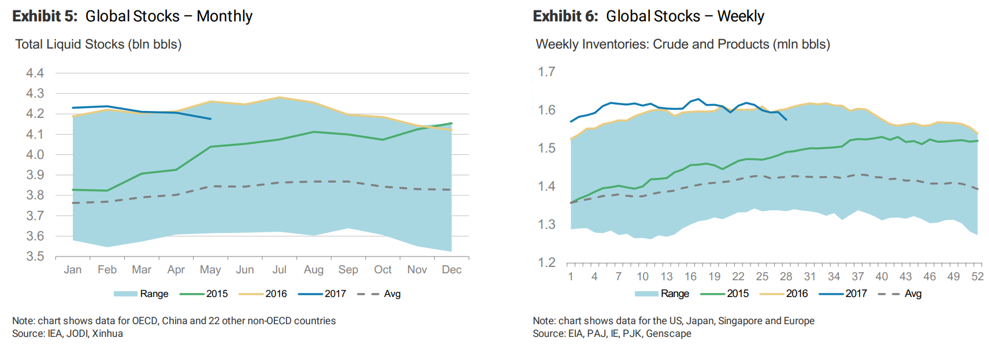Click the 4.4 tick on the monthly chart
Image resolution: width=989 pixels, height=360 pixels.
click(35, 73)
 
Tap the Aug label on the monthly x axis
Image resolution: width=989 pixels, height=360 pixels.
click(314, 270)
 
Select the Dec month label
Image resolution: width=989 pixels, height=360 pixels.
click(451, 270)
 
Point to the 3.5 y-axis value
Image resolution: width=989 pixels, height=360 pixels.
click(35, 256)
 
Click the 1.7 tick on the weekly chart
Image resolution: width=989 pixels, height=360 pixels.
click(546, 72)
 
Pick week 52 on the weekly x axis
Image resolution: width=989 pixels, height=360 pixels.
click(977, 277)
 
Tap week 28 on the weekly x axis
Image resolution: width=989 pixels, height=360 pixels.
click(786, 277)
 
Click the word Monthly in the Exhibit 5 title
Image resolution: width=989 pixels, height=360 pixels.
click(224, 16)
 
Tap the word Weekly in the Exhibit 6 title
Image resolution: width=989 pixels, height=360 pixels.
click(741, 16)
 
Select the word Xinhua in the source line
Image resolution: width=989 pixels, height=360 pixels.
click(107, 333)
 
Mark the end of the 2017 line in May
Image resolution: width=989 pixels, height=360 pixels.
click(210, 118)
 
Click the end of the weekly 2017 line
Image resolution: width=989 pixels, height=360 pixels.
click(786, 120)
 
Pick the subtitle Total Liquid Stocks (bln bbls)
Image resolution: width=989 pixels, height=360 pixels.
click(98, 44)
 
